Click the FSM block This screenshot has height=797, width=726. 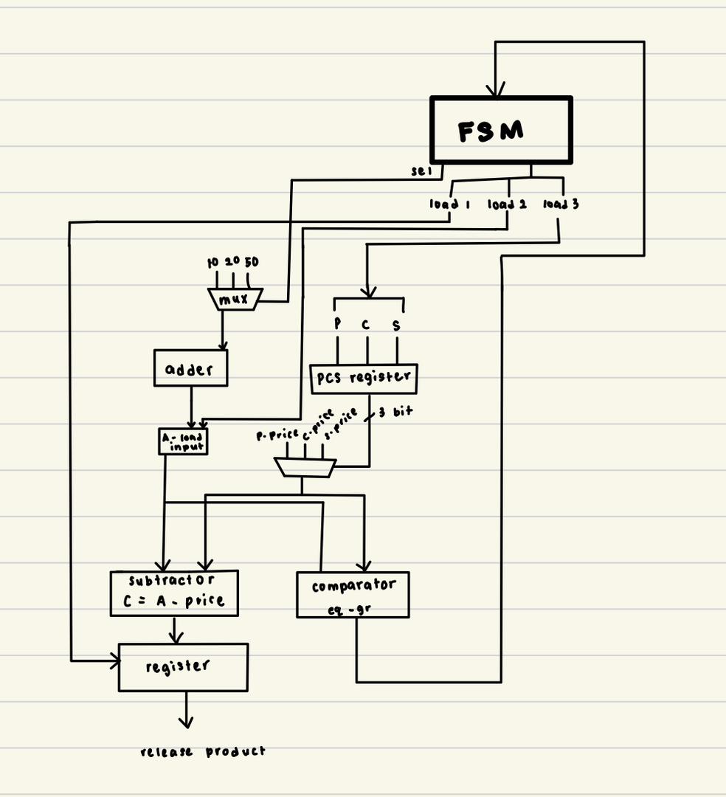click(501, 130)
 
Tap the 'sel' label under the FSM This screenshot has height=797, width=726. click(421, 171)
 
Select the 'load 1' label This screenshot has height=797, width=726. click(450, 204)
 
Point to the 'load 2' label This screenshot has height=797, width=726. click(507, 204)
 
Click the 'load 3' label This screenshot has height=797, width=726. click(561, 204)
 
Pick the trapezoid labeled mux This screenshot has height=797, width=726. click(235, 299)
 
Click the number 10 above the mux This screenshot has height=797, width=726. click(213, 262)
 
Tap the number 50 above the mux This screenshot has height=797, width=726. click(252, 262)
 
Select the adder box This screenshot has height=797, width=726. click(190, 368)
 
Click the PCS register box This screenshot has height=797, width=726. click(363, 378)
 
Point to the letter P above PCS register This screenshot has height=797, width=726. click(337, 323)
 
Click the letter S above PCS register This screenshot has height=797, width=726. click(397, 325)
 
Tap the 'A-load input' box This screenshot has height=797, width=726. click(183, 441)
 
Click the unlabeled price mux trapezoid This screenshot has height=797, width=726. click(305, 467)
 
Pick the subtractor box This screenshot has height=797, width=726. click(174, 593)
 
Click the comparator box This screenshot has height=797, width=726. click(353, 595)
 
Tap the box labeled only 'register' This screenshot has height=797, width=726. click(183, 667)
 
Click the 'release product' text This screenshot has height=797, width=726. click(203, 751)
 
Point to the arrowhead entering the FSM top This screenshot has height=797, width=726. click(495, 91)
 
